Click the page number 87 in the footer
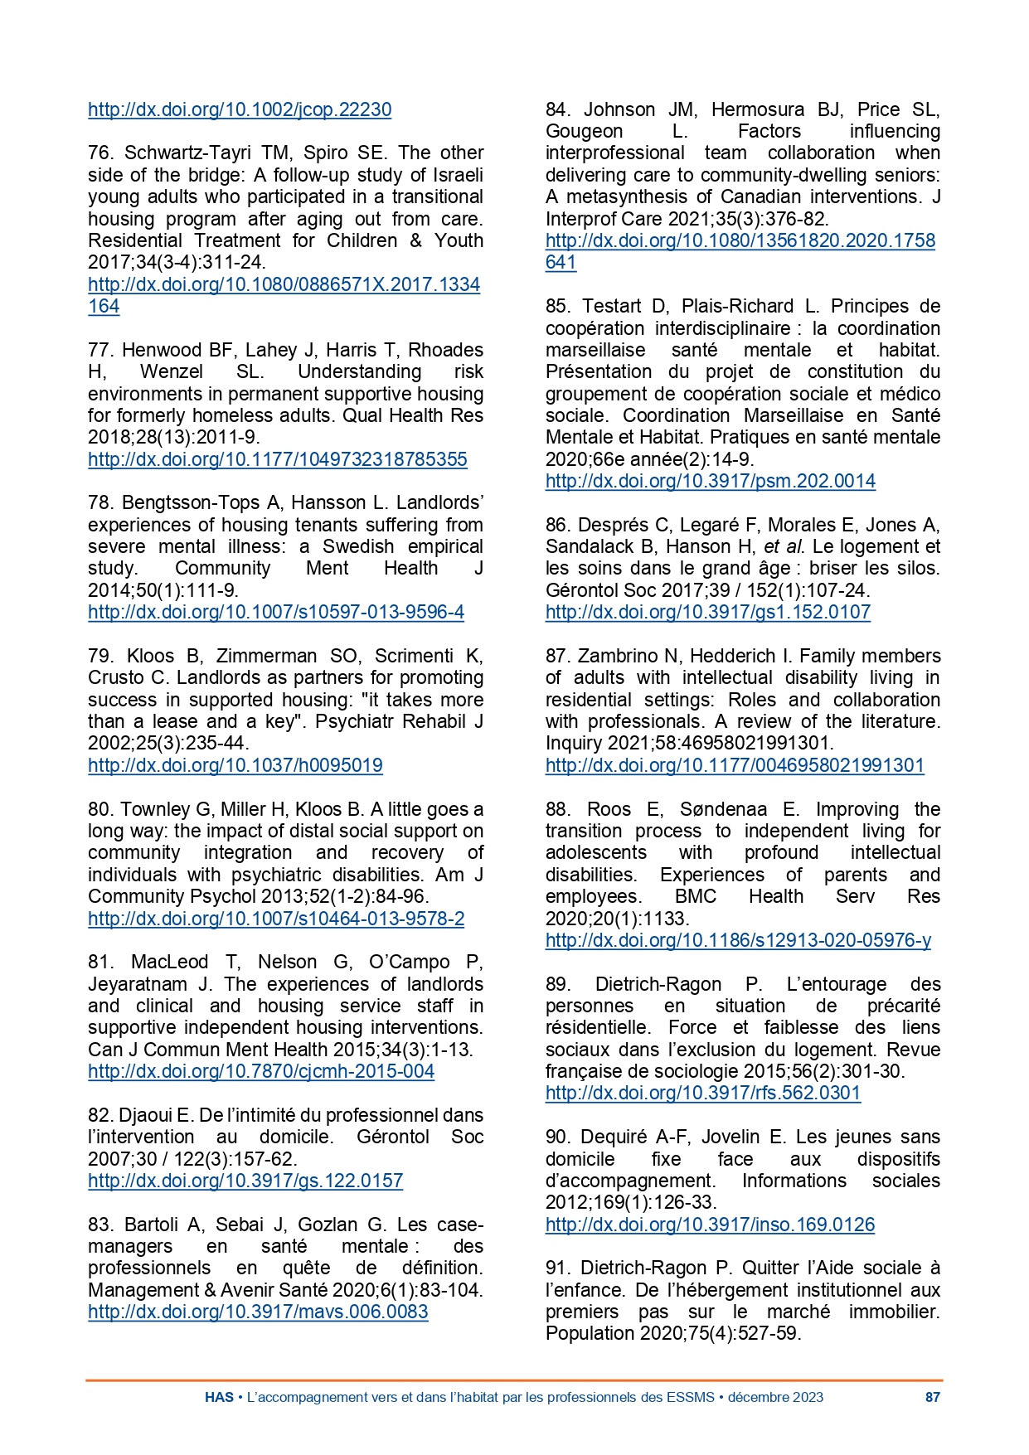point(932,1397)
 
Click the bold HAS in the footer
point(219,1397)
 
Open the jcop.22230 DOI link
point(240,109)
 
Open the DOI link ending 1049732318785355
point(278,459)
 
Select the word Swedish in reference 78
point(358,546)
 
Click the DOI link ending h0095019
point(235,765)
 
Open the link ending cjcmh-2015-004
point(261,1071)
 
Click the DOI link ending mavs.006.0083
point(258,1312)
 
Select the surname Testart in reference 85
point(612,306)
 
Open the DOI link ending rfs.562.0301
point(703,1093)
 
